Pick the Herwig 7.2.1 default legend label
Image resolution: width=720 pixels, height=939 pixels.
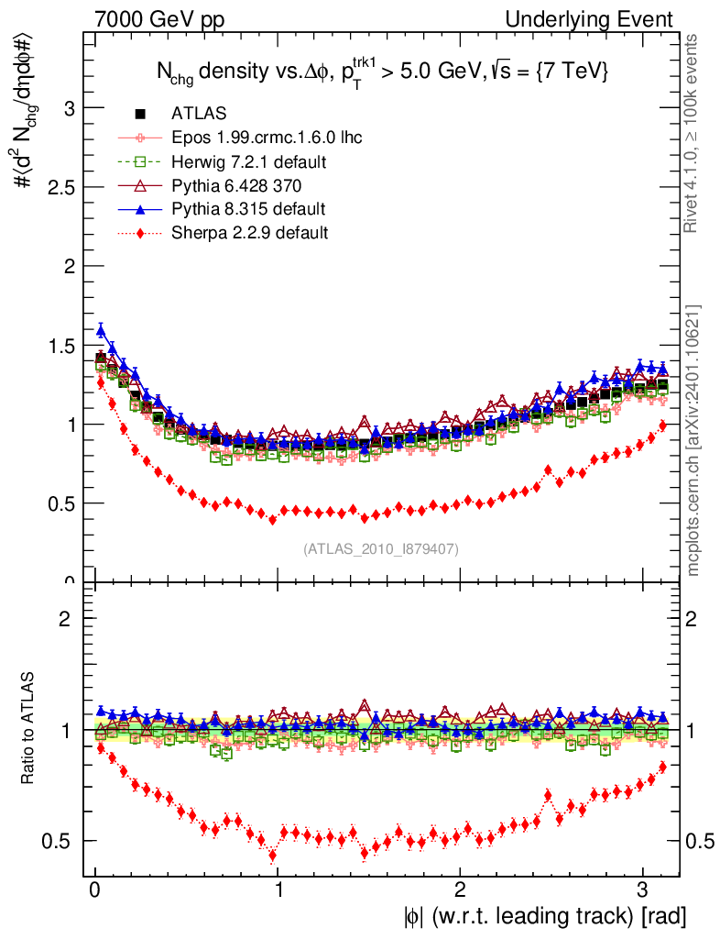coord(249,161)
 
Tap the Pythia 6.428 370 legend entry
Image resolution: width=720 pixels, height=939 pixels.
coord(236,185)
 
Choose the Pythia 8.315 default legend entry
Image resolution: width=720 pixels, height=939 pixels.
coord(248,208)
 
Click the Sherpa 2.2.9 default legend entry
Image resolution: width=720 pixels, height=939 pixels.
coord(249,232)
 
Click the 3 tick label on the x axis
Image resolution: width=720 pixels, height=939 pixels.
coord(642,889)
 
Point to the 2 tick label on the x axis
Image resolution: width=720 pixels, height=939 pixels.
coord(460,889)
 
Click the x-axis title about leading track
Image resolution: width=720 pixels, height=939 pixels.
coord(543,915)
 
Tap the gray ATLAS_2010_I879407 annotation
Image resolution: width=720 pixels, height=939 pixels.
coord(381,548)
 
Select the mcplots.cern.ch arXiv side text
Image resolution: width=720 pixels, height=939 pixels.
coord(695,439)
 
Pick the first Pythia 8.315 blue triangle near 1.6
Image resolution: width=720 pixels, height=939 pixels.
coord(101,331)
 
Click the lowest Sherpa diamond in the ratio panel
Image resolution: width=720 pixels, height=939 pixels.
coord(272,856)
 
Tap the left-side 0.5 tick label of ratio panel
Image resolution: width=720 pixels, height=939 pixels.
coord(63,841)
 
